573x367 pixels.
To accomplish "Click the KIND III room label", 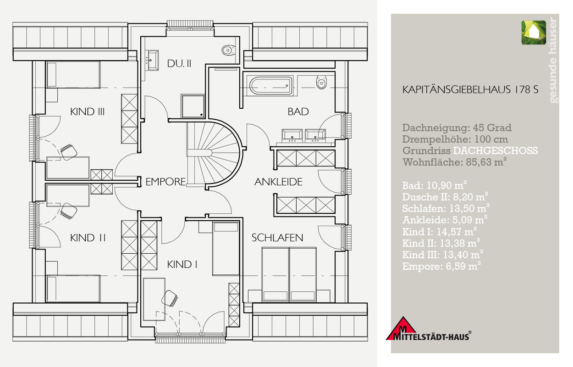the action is pos(87,111).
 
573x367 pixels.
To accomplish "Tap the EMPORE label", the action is pos(165,182).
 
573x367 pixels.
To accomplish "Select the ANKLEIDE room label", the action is pos(278,182).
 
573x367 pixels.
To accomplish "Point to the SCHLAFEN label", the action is pos(277,238).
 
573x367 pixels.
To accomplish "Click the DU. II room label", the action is pos(179,63).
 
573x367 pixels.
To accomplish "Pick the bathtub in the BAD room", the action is pos(271,85).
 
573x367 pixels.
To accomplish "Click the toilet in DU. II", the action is pos(228,50).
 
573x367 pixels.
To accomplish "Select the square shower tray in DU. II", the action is pos(193,106).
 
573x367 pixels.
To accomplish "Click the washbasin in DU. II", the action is pos(153,61).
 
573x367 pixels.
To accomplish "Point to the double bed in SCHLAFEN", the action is pos(289,274).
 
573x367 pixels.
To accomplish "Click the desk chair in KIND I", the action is pos(169,298).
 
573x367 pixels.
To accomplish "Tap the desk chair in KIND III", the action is pos(69,152).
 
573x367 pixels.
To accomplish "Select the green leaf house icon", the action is pos(534,33).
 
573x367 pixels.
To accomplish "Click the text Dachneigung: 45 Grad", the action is pos(457,128).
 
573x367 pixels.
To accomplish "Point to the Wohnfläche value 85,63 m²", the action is pos(486,162).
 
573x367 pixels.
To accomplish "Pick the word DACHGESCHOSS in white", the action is pos(496,150).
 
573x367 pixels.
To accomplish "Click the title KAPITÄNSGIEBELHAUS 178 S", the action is pos(470,89).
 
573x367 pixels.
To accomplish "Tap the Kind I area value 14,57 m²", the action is pos(457,232).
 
